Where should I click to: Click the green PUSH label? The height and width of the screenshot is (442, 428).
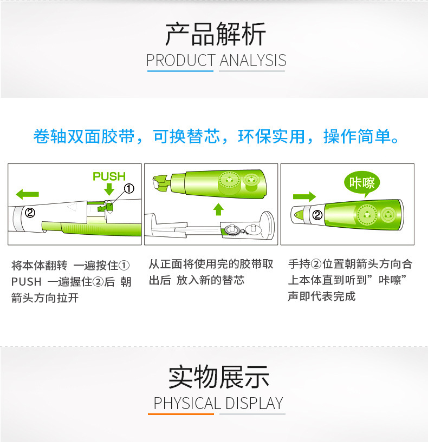click(109, 176)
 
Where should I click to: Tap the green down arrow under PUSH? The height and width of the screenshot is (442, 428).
click(109, 189)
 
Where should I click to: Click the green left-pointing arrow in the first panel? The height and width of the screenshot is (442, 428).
click(28, 194)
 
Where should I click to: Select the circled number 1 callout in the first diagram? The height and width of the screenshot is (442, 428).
click(129, 189)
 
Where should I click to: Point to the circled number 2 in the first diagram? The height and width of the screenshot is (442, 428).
click(30, 212)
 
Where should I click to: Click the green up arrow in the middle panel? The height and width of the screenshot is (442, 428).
click(218, 209)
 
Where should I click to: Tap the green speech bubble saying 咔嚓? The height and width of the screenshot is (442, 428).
click(362, 183)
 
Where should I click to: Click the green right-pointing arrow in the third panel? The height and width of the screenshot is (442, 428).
click(304, 196)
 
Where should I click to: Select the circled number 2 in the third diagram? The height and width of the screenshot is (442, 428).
click(317, 215)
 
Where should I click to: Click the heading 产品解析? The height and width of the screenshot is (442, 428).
click(216, 34)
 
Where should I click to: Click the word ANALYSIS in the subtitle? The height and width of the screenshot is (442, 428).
click(253, 61)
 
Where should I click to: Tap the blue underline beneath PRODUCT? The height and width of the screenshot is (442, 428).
click(180, 71)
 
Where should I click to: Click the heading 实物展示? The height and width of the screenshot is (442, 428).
click(219, 377)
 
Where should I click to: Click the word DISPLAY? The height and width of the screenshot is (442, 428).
click(255, 403)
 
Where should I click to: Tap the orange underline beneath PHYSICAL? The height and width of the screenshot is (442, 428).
click(181, 414)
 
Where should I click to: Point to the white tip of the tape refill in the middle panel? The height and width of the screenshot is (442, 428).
click(156, 182)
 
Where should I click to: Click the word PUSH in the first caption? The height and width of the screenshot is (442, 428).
click(26, 282)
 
